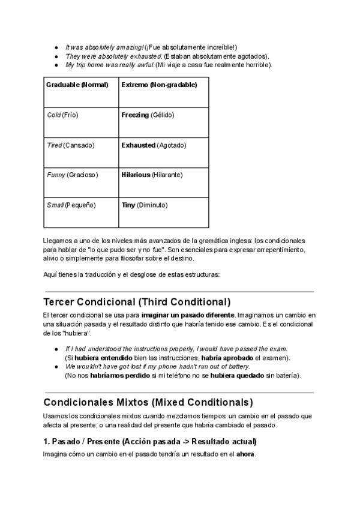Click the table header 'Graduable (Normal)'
pyautogui.click(x=77, y=85)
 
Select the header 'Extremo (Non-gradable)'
pyautogui.click(x=159, y=85)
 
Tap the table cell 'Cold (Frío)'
pyautogui.click(x=62, y=115)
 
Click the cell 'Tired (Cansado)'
pyautogui.click(x=70, y=145)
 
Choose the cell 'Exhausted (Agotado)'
pyautogui.click(x=154, y=145)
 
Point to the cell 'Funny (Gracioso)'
pyautogui.click(x=72, y=175)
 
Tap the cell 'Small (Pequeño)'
pyautogui.click(x=71, y=205)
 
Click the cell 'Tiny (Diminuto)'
pyautogui.click(x=145, y=205)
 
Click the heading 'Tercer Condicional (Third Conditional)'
pyautogui.click(x=137, y=302)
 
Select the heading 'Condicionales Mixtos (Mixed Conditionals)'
pyautogui.click(x=148, y=402)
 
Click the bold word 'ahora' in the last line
pyautogui.click(x=245, y=454)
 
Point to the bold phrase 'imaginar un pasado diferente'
pyautogui.click(x=188, y=315)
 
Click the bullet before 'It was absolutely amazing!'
pyautogui.click(x=56, y=47)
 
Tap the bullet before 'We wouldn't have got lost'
pyautogui.click(x=56, y=367)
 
